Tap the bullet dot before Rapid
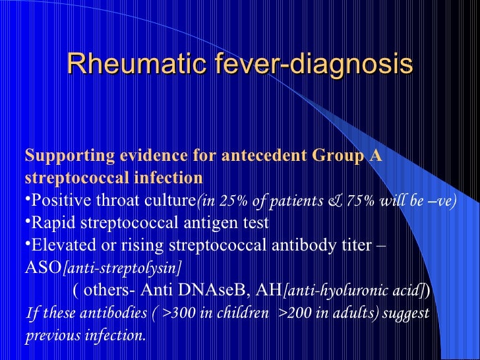[28, 221]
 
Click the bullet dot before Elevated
[28, 244]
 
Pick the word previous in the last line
[53, 335]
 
